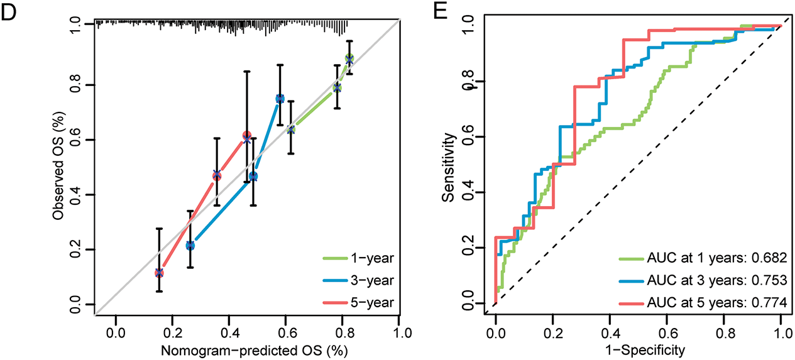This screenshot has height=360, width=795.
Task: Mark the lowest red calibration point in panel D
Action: pos(159,273)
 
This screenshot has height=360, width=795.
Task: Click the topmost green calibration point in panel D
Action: pos(349,59)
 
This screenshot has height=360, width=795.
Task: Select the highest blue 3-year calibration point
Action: pos(280,99)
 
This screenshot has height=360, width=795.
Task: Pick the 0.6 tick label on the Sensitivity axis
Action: pos(466,136)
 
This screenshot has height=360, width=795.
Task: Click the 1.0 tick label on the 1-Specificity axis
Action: pos(781,329)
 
